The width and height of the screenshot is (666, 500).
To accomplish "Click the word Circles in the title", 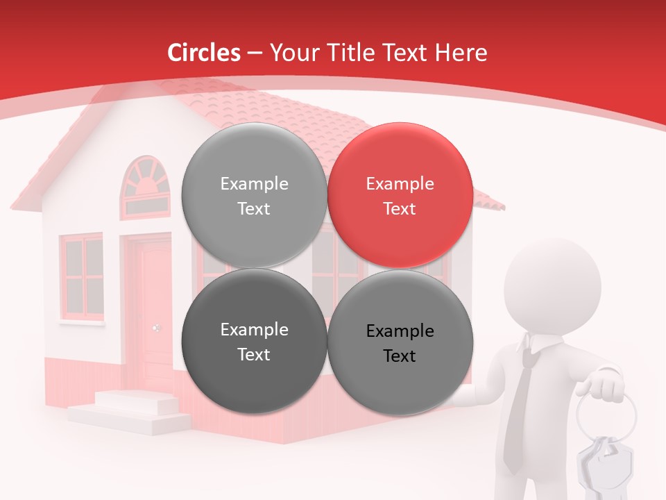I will tap(204, 53).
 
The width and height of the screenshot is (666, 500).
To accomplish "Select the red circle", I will tap(400, 195).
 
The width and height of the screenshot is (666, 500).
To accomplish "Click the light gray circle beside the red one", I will tap(254, 195).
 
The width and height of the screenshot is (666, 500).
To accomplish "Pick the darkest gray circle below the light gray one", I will tap(254, 341).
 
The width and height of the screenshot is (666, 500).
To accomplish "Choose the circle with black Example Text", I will tap(400, 342).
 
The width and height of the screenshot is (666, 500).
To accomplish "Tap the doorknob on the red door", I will tap(156, 328).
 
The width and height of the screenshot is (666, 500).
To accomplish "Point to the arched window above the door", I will tap(145, 186).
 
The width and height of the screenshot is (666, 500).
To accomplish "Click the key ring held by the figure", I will tap(605, 417).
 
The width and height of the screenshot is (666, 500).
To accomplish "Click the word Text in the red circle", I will tap(400, 208).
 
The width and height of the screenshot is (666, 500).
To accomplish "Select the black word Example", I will tap(400, 331).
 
